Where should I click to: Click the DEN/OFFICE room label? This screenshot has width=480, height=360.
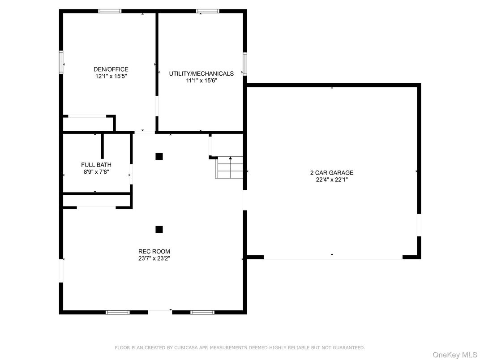coord(111,69)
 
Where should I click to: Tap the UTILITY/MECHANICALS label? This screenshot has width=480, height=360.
coord(201,73)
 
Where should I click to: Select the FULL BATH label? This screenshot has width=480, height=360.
coord(96,165)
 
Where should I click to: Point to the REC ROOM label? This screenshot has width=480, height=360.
coord(154,252)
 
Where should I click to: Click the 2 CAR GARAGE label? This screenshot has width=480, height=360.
coord(332,173)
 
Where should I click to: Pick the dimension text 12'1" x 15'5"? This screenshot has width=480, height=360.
coord(111,76)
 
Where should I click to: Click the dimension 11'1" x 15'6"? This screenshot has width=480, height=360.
coord(201,81)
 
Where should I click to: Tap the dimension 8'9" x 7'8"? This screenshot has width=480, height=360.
coord(96,172)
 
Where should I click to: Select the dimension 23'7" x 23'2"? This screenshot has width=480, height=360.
coord(154,258)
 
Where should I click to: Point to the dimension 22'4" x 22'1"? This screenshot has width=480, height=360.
coord(332,180)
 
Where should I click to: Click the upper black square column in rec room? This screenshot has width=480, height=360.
coord(159,156)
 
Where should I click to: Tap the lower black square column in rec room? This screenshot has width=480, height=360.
coord(159,229)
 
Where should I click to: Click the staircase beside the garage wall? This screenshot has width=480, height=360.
coord(229,167)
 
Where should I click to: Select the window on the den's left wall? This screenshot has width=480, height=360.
coord(61,62)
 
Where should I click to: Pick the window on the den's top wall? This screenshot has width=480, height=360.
coord(110,11)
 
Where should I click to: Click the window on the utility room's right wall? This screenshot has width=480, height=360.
coord(245,64)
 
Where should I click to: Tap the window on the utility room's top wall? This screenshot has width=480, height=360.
coord(208,11)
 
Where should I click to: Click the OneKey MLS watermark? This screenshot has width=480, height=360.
coord(455,355)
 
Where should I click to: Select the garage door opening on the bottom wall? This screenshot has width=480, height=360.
coord(333,258)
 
